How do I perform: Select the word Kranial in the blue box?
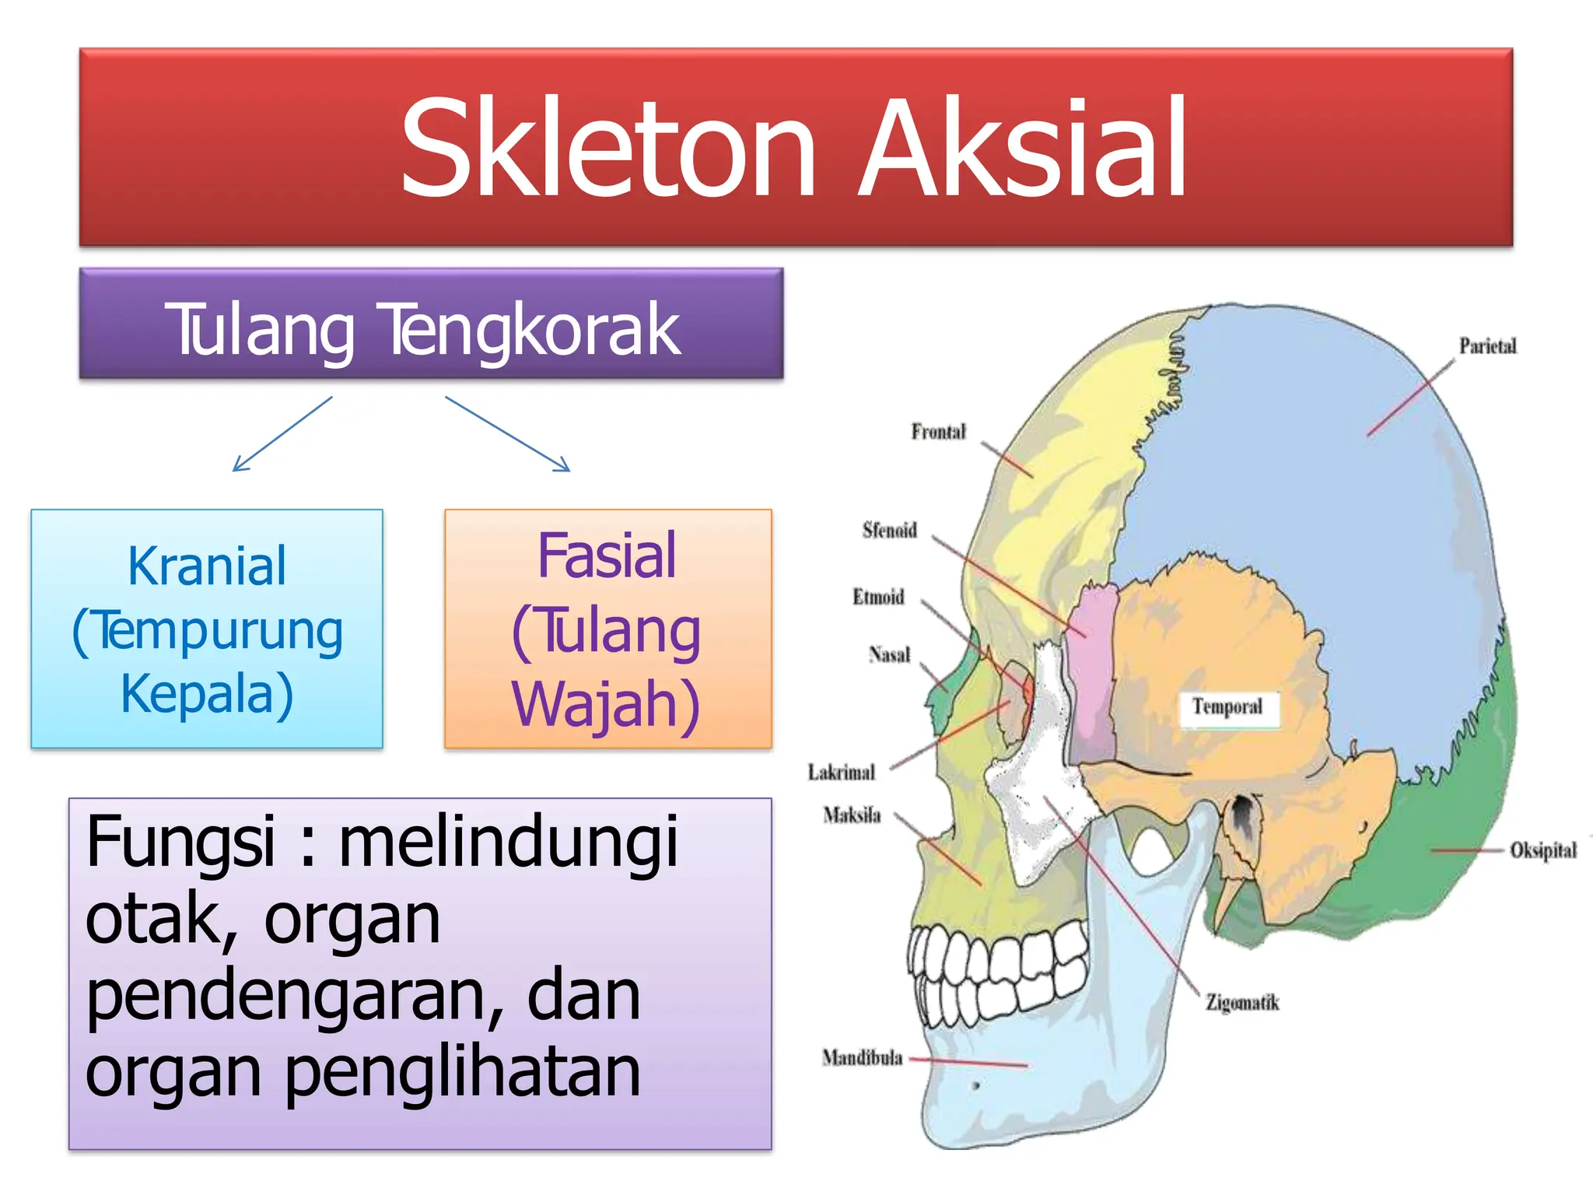207,566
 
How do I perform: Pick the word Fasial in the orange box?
607,556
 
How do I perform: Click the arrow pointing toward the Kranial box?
282,434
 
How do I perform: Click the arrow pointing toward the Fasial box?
507,434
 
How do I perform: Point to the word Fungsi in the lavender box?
180,842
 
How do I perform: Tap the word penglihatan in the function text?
462,1072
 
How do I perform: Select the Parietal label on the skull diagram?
1487,346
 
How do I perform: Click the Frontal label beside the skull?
938,432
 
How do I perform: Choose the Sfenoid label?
889,531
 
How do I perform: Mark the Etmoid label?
878,597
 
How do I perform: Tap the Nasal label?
889,655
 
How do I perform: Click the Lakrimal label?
841,773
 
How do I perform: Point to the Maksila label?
852,815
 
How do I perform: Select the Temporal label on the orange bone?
1227,707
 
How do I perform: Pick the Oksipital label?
1543,850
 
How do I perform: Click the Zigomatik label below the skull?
1242,1003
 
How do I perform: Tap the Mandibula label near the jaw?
862,1058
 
